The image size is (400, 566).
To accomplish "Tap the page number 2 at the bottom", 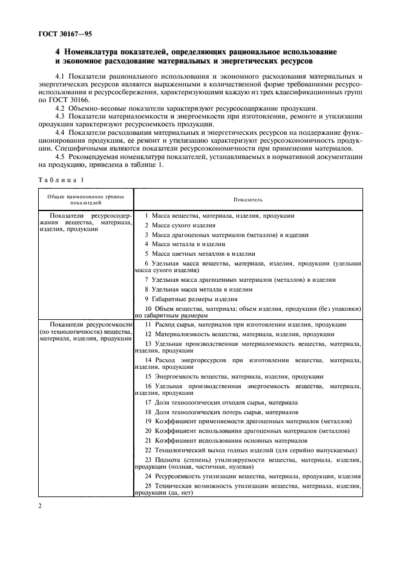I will click(x=40, y=507).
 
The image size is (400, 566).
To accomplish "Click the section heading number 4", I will click(x=58, y=53).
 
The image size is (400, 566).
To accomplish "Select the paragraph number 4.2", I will click(x=61, y=107).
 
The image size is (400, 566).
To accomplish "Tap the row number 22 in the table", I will click(x=148, y=451).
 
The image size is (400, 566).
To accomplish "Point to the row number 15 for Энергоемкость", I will click(x=148, y=376).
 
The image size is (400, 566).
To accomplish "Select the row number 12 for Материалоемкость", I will click(x=148, y=334).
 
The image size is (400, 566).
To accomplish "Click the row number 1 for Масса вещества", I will click(x=146, y=215).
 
